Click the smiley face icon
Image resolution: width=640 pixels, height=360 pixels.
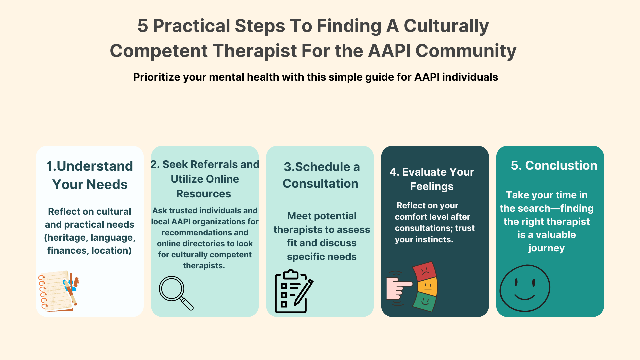coord(525,288)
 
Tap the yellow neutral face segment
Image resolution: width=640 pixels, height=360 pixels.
coord(427,286)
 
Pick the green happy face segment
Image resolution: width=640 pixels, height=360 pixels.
coord(424,301)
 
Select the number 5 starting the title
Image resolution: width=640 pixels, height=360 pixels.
coord(143,26)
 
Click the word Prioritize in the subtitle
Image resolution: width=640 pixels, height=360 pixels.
coord(157,77)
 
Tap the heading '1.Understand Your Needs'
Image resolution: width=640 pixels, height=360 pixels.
coord(90,175)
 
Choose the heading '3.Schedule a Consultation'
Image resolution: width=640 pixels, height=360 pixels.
coord(321,175)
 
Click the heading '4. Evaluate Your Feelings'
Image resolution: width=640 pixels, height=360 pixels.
coord(432,179)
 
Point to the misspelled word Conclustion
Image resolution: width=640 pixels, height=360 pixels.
coord(561,165)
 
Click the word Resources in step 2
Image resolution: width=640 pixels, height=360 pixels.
coord(204,194)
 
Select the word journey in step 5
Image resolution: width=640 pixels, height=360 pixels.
coord(546,248)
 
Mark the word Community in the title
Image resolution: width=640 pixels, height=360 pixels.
coord(466,51)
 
